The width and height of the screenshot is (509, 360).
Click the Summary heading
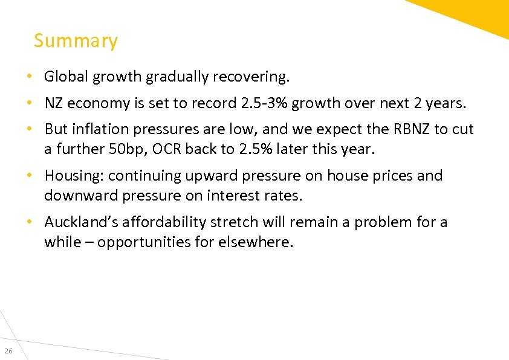(76, 41)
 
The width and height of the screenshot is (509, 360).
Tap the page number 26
(8, 352)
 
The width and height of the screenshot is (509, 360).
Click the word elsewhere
(262, 242)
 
